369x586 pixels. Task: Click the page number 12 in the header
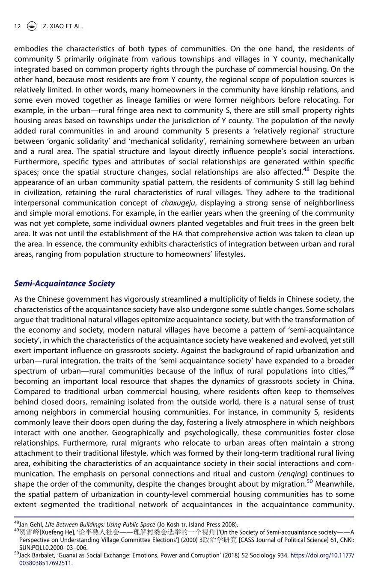click(x=17, y=26)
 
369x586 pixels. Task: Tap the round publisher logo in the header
click(x=31, y=26)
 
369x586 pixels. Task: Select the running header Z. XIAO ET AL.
click(x=62, y=26)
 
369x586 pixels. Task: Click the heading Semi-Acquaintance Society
click(x=64, y=283)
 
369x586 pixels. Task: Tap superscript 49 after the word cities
click(x=351, y=368)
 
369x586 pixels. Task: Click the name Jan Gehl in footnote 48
click(x=31, y=524)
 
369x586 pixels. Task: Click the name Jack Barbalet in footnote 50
click(x=37, y=556)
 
